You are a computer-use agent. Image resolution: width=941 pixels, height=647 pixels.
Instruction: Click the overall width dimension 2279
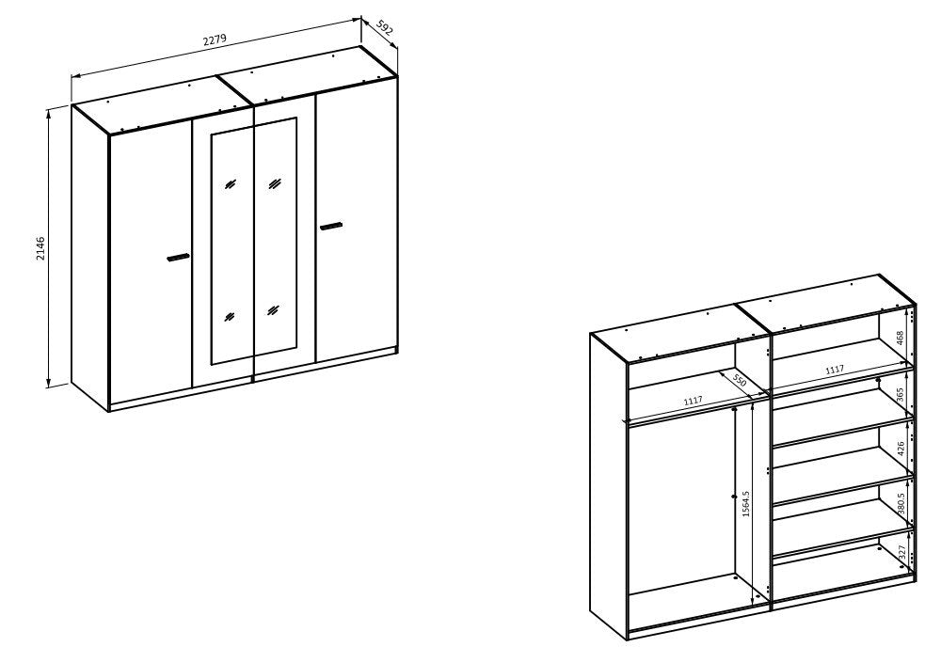[215, 40]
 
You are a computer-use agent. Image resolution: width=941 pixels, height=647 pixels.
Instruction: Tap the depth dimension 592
[385, 27]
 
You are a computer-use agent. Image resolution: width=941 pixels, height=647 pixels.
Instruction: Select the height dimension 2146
[40, 248]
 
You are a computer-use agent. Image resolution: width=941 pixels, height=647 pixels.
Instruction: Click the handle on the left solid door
[178, 258]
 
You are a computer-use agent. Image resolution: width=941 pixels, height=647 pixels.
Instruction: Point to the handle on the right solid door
[330, 226]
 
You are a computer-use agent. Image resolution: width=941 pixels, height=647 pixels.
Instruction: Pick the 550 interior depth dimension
[739, 382]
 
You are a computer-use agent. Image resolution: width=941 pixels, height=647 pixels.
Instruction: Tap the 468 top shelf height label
[901, 338]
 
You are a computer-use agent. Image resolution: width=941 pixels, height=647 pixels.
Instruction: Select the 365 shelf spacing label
[901, 395]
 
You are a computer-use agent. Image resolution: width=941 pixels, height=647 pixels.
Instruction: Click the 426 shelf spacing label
[901, 449]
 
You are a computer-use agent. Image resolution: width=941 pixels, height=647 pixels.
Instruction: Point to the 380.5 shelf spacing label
[901, 504]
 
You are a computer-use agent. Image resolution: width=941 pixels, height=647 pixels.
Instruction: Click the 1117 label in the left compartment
[694, 400]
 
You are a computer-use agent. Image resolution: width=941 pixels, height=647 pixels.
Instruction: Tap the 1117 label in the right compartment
[834, 370]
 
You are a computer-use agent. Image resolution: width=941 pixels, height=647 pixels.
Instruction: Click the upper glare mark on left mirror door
[231, 184]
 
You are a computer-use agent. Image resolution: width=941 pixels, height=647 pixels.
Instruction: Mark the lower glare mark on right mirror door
[274, 310]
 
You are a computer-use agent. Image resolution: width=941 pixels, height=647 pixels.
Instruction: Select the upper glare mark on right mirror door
[275, 182]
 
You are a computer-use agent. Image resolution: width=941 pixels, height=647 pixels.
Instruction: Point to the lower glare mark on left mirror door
[230, 316]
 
